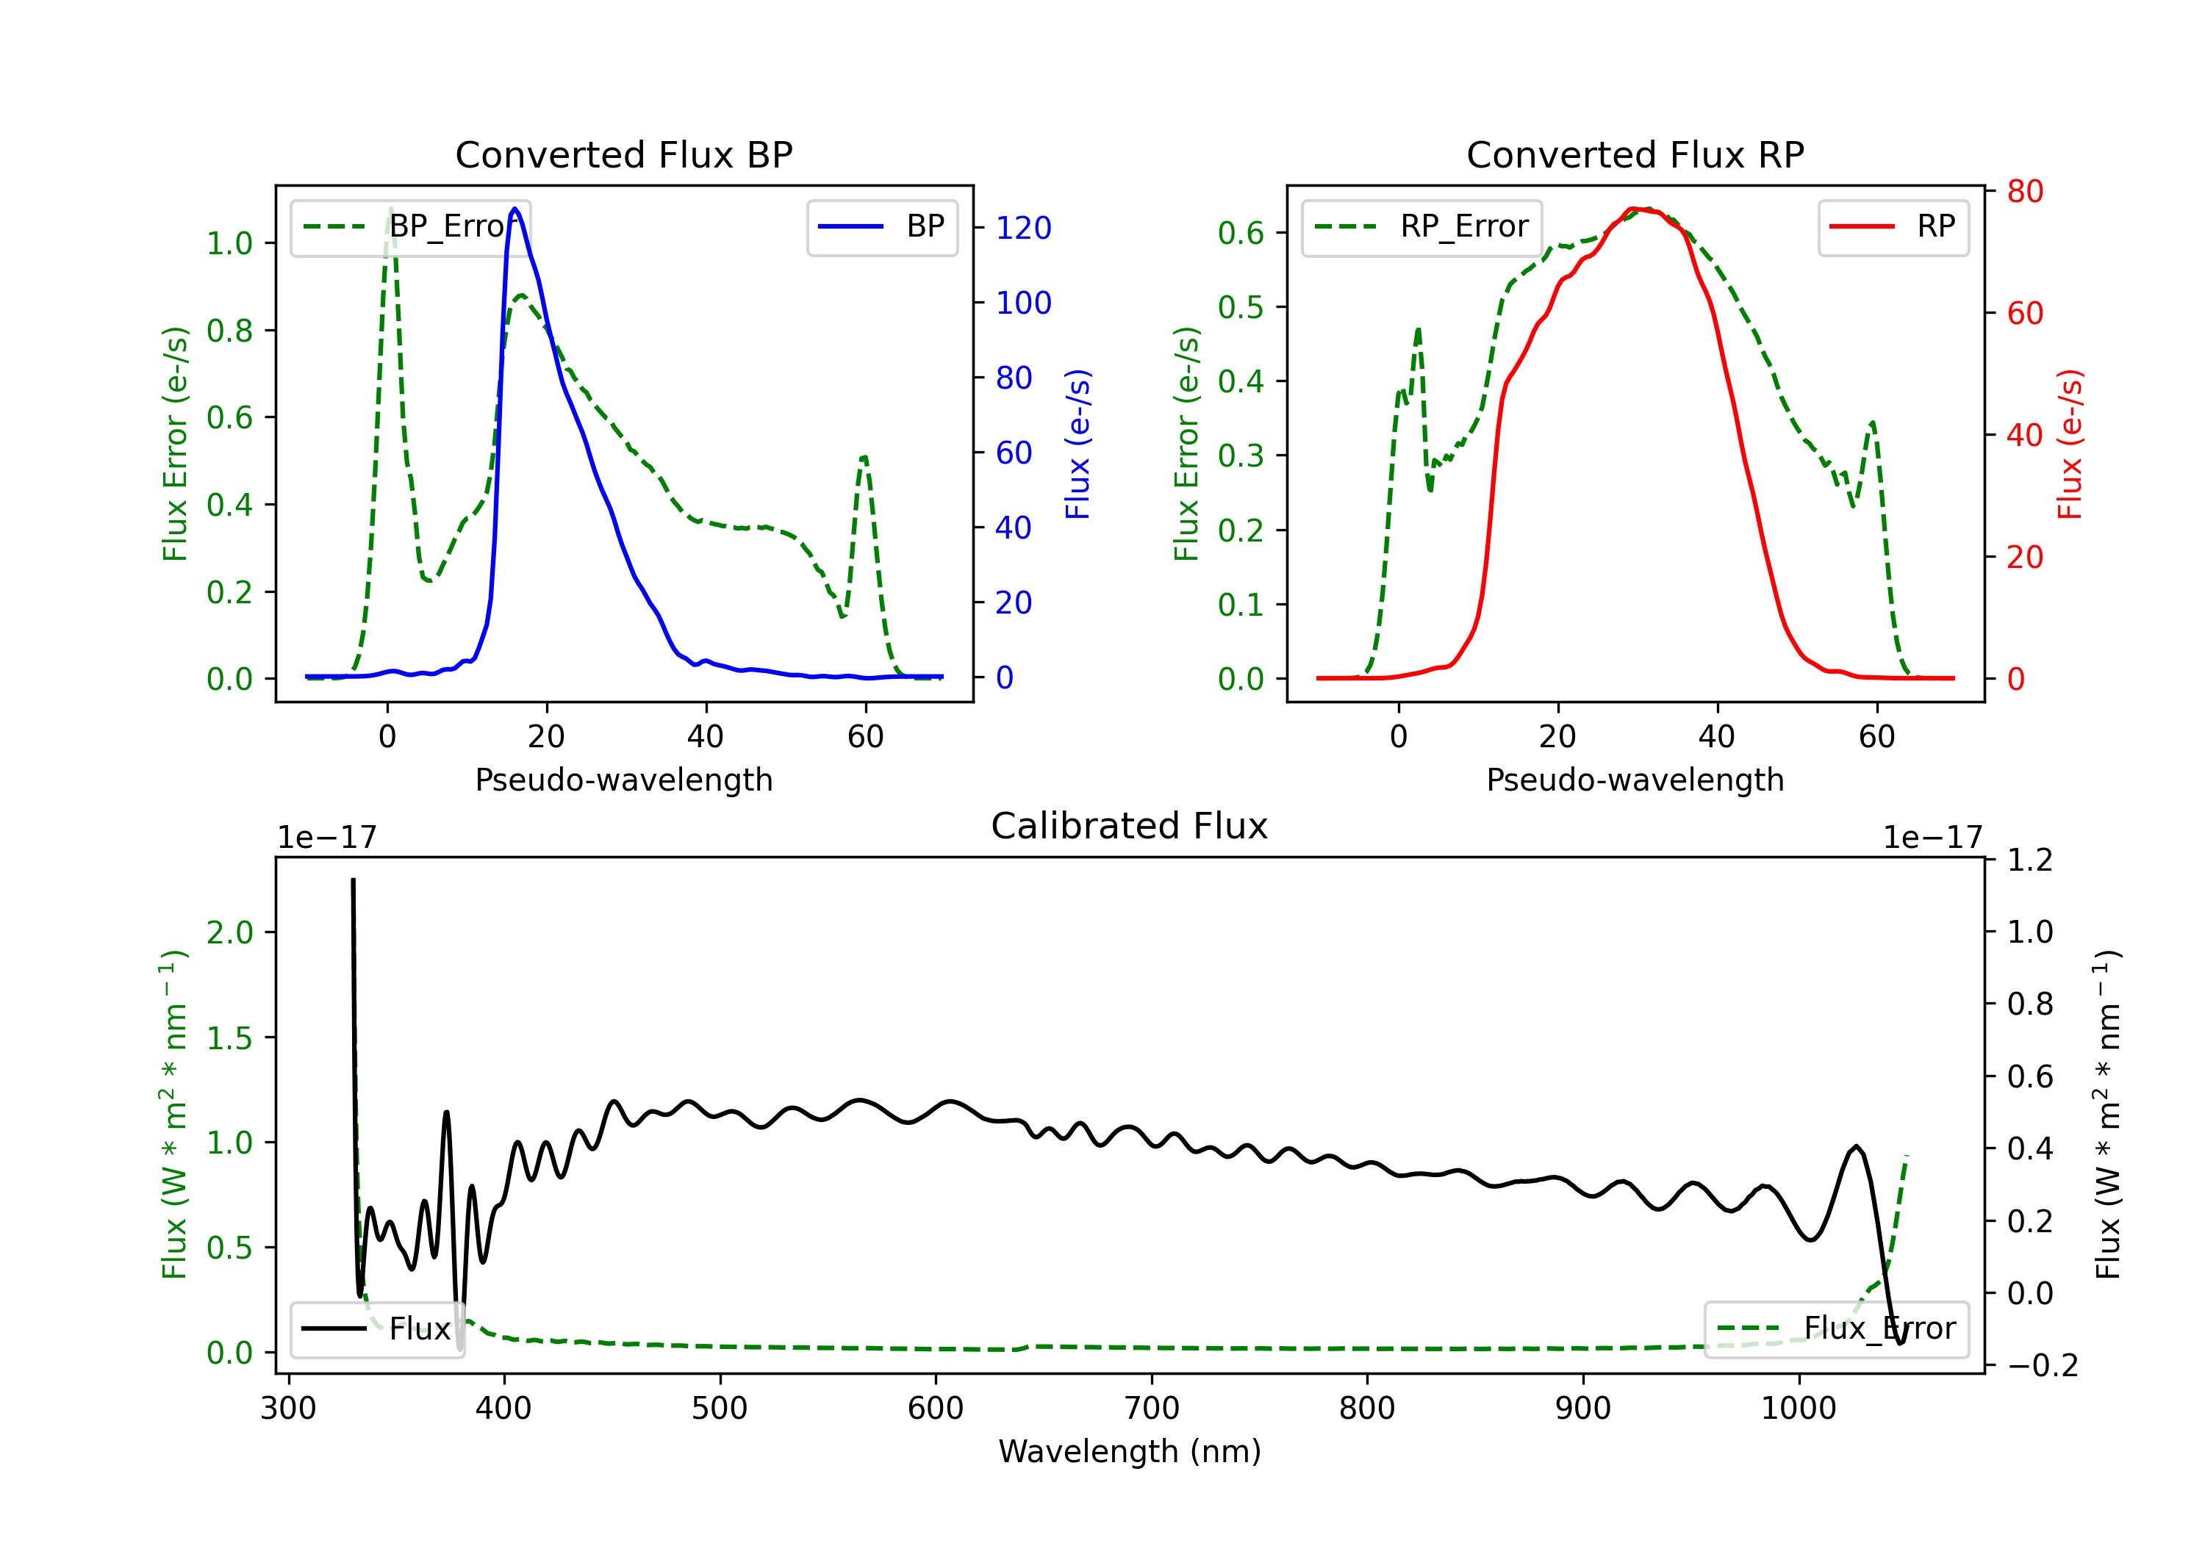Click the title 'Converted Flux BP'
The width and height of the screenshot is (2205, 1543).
623,154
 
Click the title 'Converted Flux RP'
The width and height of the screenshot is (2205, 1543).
1635,154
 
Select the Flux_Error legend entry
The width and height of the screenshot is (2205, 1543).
1835,1329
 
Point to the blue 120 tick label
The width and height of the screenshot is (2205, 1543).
1023,229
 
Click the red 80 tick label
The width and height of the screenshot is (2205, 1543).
2024,192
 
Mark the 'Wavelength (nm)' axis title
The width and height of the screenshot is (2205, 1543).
1130,1452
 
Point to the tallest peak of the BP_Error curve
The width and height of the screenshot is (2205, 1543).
390,209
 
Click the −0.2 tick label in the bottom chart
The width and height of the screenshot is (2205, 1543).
2042,1365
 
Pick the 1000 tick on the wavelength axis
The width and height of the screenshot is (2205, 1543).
1798,1409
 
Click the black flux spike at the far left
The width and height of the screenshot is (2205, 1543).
354,882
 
